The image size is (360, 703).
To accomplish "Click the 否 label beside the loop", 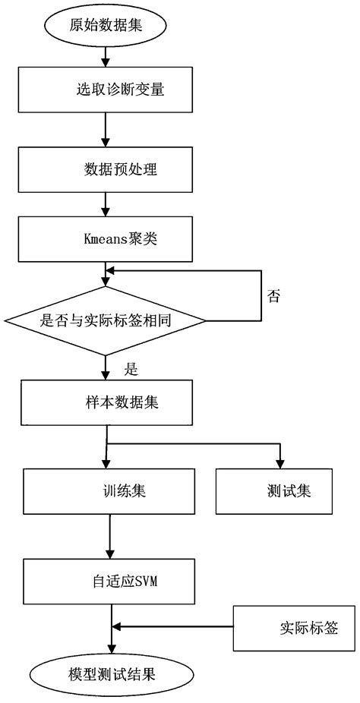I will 274,296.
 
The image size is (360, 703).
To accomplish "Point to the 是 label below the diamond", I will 130,370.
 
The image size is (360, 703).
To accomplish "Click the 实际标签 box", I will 294,628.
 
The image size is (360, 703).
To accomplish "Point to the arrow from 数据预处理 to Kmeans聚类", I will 106,203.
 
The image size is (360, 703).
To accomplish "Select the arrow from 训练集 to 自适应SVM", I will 111,536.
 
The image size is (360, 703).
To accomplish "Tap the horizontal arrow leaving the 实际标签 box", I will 175,627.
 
